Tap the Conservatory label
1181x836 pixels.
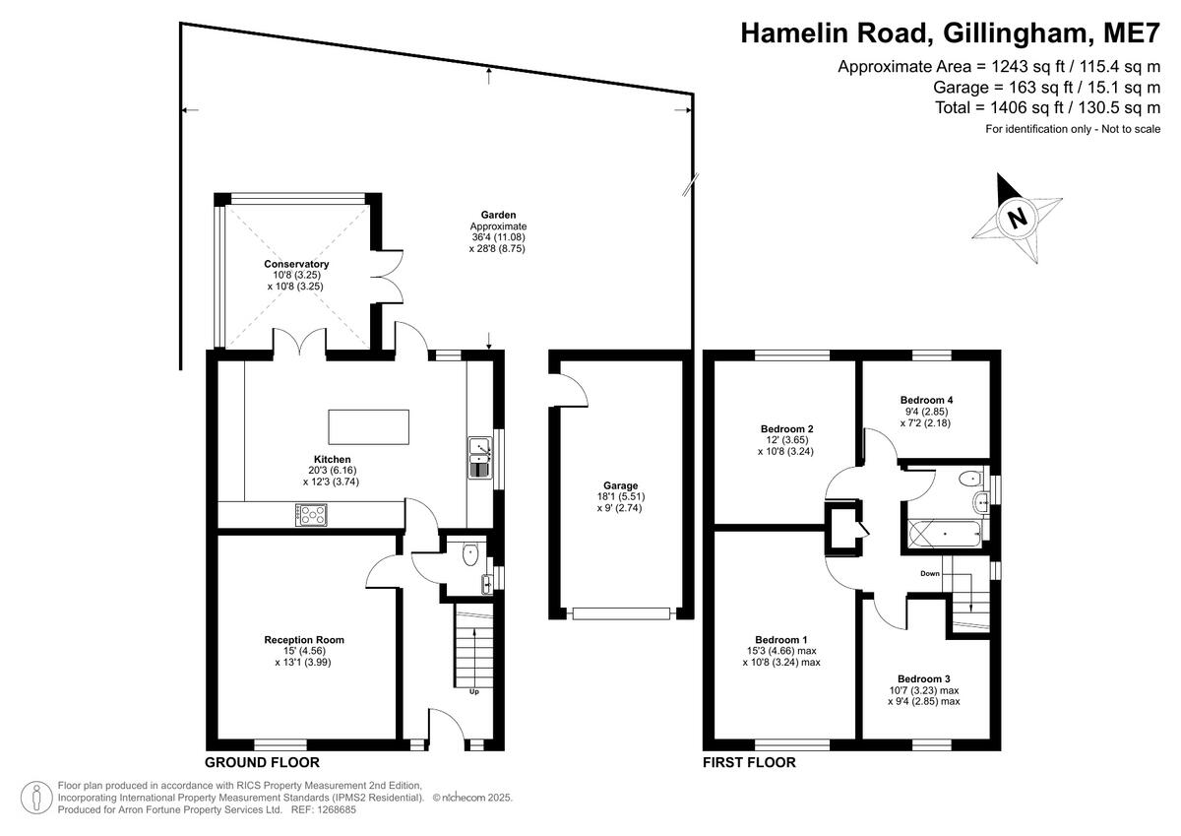pyautogui.click(x=296, y=265)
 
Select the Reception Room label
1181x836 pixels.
pyautogui.click(x=304, y=640)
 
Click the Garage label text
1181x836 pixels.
pyautogui.click(x=621, y=485)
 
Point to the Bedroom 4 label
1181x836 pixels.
pyautogui.click(x=926, y=400)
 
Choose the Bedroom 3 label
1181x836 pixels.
pyautogui.click(x=923, y=678)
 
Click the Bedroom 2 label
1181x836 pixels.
pyautogui.click(x=786, y=429)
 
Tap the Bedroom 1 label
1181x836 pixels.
pyautogui.click(x=780, y=638)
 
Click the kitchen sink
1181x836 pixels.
pyautogui.click(x=480, y=458)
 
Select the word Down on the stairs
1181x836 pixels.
pyautogui.click(x=930, y=573)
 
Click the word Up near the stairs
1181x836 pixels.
pyautogui.click(x=473, y=690)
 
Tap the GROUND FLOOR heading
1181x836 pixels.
pyautogui.click(x=262, y=762)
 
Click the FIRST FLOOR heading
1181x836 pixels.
pyautogui.click(x=749, y=762)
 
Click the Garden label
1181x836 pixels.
pyautogui.click(x=498, y=215)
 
